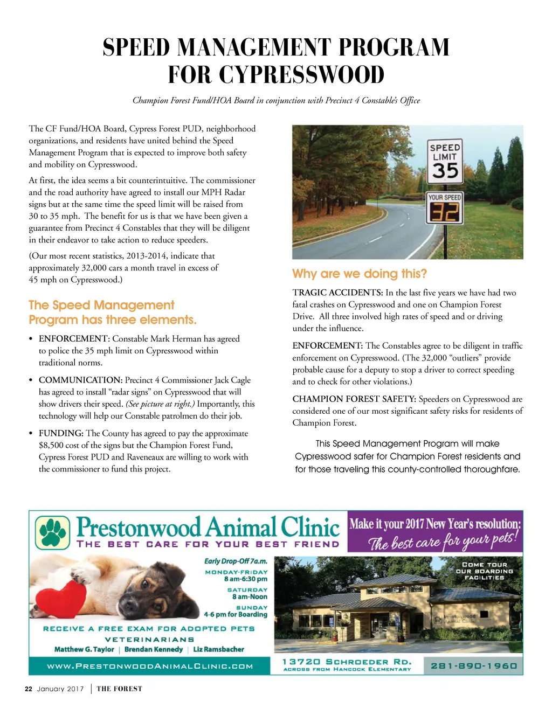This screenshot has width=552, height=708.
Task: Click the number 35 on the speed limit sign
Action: [445, 171]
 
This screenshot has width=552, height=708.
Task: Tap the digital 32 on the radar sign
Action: [445, 212]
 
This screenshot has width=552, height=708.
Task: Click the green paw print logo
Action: [52, 531]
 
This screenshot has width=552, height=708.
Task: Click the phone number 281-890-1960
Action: [474, 665]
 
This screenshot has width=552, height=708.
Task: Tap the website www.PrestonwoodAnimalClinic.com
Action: [150, 667]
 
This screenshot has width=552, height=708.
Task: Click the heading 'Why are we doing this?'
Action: [360, 274]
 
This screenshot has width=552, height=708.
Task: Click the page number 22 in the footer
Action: [29, 689]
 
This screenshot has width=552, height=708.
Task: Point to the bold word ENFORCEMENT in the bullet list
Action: [74, 339]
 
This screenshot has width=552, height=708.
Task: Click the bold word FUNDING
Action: [61, 433]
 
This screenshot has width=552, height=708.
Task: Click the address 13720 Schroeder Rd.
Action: [347, 662]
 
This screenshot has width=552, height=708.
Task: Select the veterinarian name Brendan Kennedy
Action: [154, 649]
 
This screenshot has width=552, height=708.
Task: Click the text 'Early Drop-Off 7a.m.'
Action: [236, 561]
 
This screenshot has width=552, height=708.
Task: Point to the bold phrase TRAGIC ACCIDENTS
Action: [337, 293]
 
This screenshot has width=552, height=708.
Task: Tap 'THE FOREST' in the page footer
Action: [119, 689]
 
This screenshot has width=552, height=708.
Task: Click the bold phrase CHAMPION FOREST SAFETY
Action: [354, 399]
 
